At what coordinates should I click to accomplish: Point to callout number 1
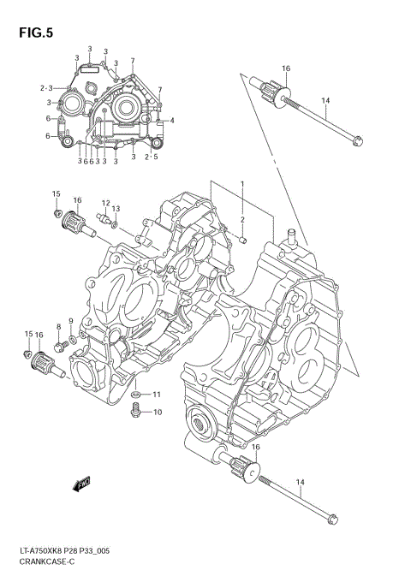(x=242, y=184)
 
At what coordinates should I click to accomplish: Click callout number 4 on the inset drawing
(x=171, y=120)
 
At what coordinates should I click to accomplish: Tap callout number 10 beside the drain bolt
(x=157, y=413)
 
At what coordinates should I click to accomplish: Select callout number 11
(x=157, y=395)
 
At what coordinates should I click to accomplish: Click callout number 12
(x=105, y=204)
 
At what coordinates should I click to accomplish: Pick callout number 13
(x=116, y=209)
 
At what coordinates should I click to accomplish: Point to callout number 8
(x=58, y=327)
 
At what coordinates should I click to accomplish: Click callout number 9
(x=71, y=322)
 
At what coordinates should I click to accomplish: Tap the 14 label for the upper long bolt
(x=325, y=101)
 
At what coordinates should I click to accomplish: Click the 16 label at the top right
(x=286, y=68)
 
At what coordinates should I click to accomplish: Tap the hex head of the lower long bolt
(x=334, y=517)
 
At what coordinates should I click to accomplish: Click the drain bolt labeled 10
(x=134, y=413)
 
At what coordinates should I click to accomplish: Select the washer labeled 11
(x=135, y=395)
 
